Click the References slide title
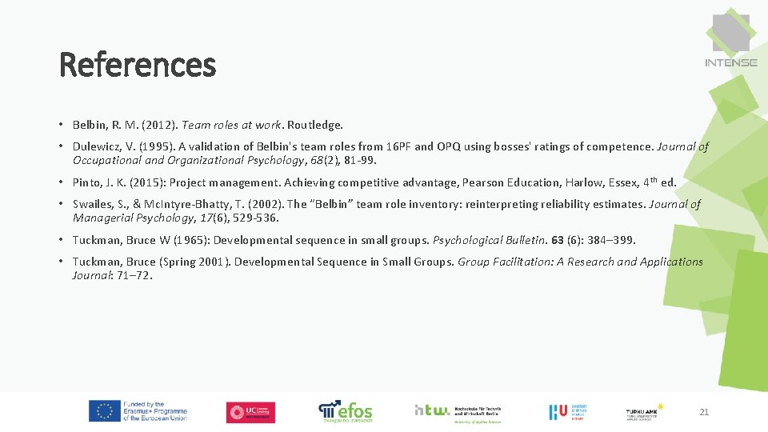point(138,65)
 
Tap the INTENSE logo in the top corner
point(731,40)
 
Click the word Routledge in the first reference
point(315,125)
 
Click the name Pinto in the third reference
point(87,182)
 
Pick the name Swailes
point(93,204)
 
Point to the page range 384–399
point(610,240)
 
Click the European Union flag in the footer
point(104,411)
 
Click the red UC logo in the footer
point(250,412)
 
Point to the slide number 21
point(704,412)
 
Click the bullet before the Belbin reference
point(61,126)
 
